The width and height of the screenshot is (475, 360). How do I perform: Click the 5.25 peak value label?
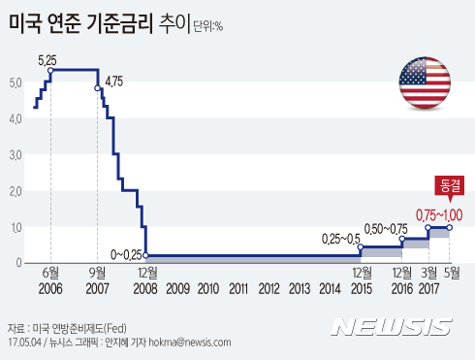click(x=48, y=60)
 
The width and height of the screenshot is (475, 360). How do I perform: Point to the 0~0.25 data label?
click(x=124, y=254)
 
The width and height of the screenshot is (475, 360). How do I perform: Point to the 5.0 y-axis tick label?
click(x=10, y=82)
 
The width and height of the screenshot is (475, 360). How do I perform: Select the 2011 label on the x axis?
click(x=237, y=289)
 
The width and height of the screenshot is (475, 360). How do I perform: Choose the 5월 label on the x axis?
click(x=452, y=273)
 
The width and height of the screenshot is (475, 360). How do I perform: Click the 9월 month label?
click(x=97, y=273)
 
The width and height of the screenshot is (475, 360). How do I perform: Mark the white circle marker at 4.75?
click(x=98, y=88)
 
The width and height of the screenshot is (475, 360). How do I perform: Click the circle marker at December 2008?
click(x=144, y=255)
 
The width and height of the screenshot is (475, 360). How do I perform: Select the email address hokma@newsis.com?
click(x=189, y=343)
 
